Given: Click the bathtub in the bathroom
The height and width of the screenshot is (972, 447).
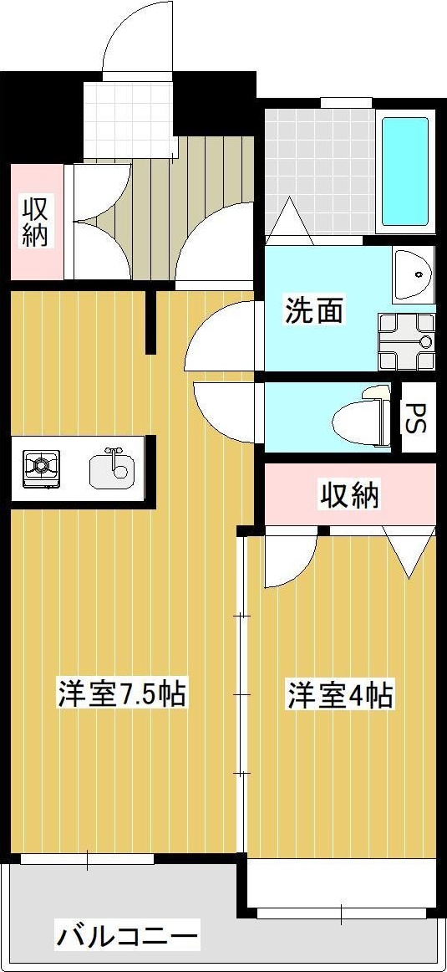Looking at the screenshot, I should [x=405, y=172].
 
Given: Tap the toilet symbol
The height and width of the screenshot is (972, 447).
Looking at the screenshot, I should [x=359, y=416].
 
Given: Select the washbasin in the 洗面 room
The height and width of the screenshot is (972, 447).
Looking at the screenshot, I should [x=413, y=274].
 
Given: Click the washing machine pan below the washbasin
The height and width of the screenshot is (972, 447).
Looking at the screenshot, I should [x=406, y=341].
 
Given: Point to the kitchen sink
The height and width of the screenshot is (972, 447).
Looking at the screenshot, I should [x=110, y=468].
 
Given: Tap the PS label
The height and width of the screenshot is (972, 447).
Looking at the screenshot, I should [x=415, y=417].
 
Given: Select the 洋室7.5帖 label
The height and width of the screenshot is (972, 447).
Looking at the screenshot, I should [x=121, y=694].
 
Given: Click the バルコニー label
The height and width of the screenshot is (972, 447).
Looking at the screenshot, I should [x=127, y=934].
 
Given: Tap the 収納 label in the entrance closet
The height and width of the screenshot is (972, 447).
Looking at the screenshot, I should [x=34, y=221].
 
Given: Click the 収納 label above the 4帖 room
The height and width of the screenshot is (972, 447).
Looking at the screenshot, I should [x=350, y=496].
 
